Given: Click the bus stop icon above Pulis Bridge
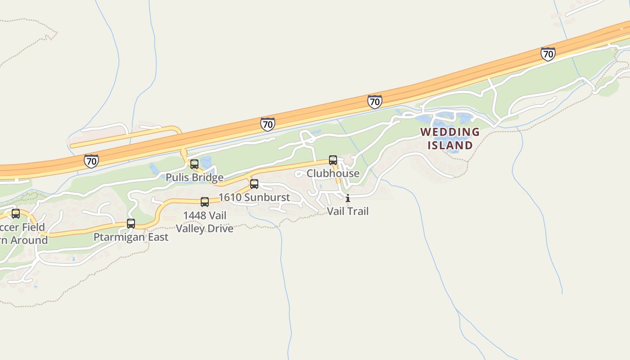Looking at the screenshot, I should [x=194, y=164].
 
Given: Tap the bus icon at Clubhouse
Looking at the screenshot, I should [x=333, y=160].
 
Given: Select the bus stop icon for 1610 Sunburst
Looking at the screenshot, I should [x=254, y=184].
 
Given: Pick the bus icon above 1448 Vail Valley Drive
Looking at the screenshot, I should [x=205, y=202].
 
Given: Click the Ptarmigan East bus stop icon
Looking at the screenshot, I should [x=131, y=223].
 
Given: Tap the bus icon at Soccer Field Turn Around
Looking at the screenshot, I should [x=16, y=214].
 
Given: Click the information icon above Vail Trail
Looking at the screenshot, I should [x=347, y=198].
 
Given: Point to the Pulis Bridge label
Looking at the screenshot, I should [x=194, y=177].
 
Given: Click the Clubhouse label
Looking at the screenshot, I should [x=333, y=173].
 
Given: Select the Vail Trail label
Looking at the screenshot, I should [x=347, y=211].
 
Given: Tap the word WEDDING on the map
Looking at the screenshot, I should [x=450, y=132].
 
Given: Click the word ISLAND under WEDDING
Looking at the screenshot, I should [x=450, y=145].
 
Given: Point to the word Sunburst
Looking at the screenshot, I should [x=267, y=197].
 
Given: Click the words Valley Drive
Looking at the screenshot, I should [x=205, y=228].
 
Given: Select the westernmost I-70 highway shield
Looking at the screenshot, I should [x=91, y=161].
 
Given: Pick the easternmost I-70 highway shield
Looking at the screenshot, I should [x=548, y=54].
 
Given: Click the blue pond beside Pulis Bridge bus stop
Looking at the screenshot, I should [x=206, y=162].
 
